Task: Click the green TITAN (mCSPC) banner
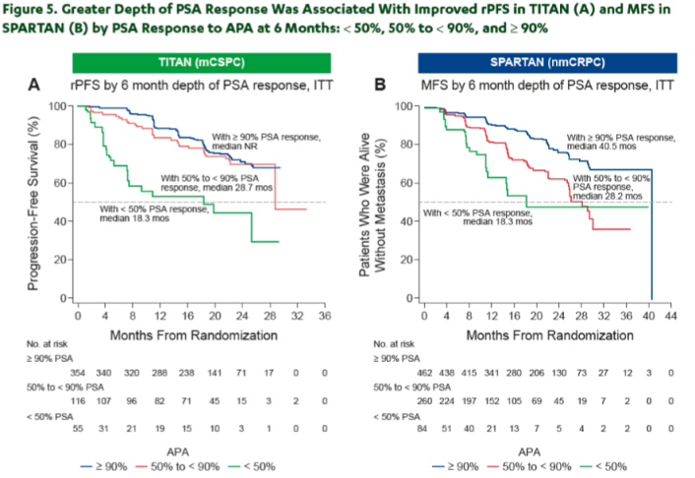pyautogui.click(x=202, y=63)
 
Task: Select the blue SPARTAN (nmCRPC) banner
pyautogui.click(x=547, y=63)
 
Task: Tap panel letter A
pyautogui.click(x=34, y=85)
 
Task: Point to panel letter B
pyautogui.click(x=380, y=85)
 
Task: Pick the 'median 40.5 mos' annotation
pyautogui.click(x=601, y=147)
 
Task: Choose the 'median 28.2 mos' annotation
pyautogui.click(x=607, y=196)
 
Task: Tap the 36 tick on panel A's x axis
pyautogui.click(x=325, y=316)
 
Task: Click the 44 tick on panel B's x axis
pyautogui.click(x=671, y=316)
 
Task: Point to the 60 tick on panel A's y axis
pyautogui.click(x=61, y=183)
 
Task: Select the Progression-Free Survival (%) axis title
pyautogui.click(x=33, y=203)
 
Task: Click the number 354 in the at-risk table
pyautogui.click(x=78, y=373)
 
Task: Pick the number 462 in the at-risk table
pyautogui.click(x=424, y=373)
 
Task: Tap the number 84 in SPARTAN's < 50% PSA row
pyautogui.click(x=422, y=429)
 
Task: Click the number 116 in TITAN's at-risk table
pyautogui.click(x=78, y=401)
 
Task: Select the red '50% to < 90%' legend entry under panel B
pyautogui.click(x=530, y=467)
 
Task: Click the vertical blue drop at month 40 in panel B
pyautogui.click(x=652, y=234)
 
